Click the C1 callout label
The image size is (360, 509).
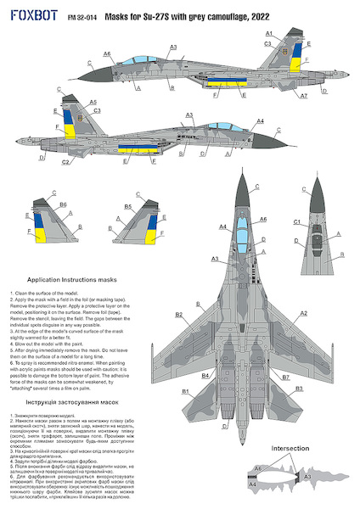[x=297, y=221]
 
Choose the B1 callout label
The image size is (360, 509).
[x=184, y=390]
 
